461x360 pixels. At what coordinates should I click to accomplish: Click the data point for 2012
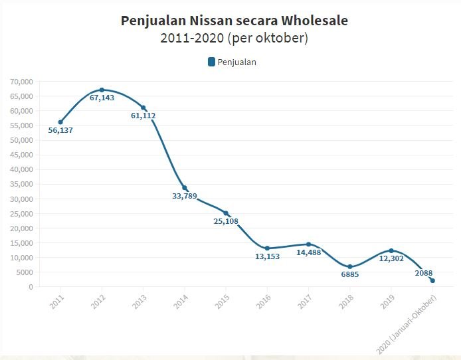[102, 90]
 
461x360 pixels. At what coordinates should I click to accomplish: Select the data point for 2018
[350, 266]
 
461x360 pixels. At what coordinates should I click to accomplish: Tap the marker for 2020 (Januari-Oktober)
[432, 280]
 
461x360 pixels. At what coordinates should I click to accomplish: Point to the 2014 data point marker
[185, 188]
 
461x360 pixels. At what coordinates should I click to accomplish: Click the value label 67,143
[102, 98]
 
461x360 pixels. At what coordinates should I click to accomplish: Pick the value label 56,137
[60, 130]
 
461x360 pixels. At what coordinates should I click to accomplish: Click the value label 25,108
[226, 221]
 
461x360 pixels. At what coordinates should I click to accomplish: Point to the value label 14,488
[309, 252]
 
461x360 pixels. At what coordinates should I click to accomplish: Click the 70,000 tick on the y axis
[21, 82]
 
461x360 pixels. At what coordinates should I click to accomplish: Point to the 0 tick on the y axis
[30, 287]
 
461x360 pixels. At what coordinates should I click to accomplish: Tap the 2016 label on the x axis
[265, 301]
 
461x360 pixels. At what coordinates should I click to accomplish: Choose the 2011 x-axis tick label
[58, 301]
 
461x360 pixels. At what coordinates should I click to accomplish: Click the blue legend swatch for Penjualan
[211, 62]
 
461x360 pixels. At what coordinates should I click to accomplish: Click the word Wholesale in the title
[312, 21]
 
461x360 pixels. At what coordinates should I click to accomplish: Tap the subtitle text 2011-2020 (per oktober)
[234, 38]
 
